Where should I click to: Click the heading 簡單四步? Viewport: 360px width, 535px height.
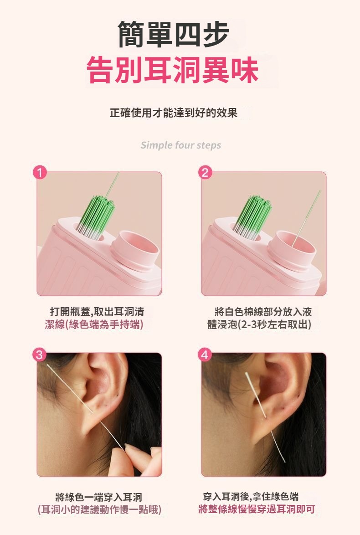tap(173, 34)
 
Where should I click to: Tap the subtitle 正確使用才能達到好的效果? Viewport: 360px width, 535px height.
tap(173, 113)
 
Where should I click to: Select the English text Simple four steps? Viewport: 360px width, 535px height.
tap(181, 145)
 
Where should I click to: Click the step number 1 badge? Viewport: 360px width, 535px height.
tap(40, 173)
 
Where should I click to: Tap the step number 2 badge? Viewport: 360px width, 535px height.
tap(205, 173)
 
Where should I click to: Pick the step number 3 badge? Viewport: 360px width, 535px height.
tap(40, 355)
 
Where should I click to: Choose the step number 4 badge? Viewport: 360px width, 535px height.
tap(205, 355)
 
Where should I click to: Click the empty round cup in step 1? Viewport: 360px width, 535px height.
tap(135, 248)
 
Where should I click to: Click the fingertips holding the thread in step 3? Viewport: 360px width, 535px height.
tap(137, 459)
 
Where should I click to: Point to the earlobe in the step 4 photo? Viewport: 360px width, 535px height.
tap(263, 428)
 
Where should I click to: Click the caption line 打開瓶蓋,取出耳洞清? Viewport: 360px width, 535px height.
tap(97, 312)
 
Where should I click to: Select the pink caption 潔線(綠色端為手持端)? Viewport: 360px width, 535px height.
tap(94, 324)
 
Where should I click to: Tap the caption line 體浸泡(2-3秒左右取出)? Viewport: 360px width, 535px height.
tap(259, 324)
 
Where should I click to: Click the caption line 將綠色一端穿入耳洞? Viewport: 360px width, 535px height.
tap(98, 497)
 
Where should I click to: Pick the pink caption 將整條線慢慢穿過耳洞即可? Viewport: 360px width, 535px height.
tap(257, 509)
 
